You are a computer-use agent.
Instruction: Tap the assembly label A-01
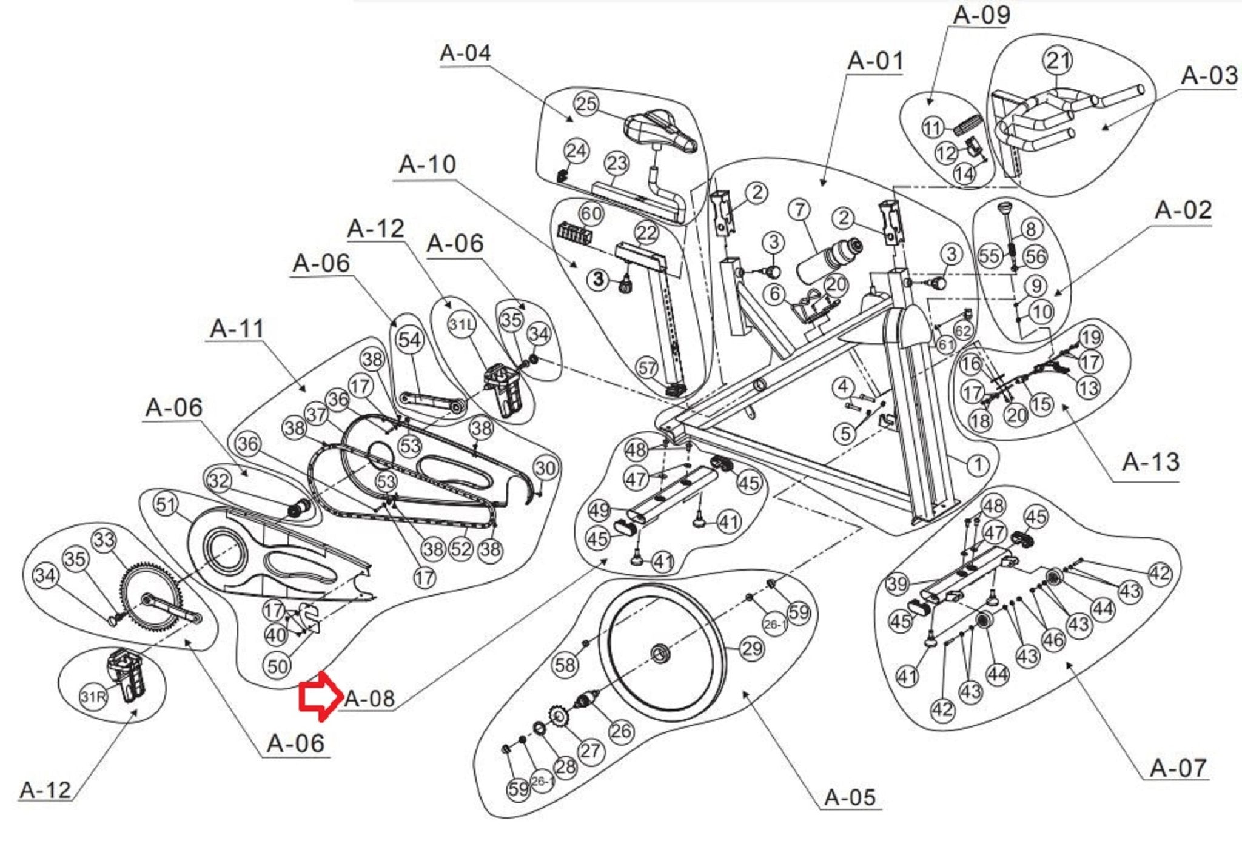(875, 61)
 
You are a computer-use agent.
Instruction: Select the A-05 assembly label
(850, 797)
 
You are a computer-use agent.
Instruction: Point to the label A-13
(1150, 462)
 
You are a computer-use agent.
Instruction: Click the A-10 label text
(427, 164)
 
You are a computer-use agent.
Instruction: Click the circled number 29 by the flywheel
(752, 649)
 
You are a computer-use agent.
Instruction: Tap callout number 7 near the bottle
(800, 210)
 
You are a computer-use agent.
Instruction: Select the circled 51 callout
(166, 504)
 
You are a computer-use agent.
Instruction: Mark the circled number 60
(591, 213)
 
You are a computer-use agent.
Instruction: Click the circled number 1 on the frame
(977, 466)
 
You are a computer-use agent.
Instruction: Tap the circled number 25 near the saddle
(586, 104)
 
